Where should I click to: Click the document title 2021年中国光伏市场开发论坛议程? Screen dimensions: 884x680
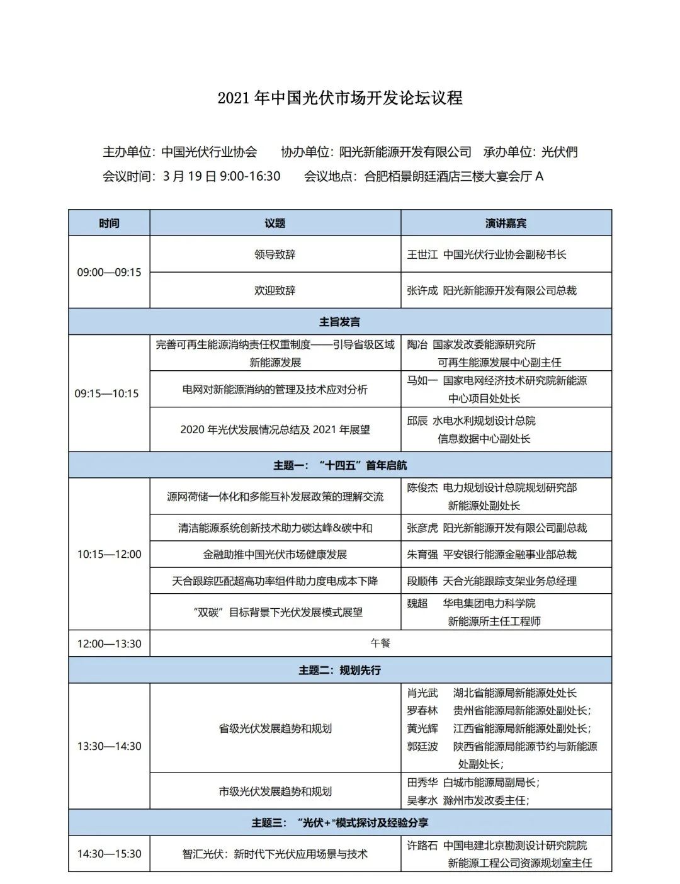(x=340, y=98)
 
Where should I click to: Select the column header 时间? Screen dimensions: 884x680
(x=109, y=223)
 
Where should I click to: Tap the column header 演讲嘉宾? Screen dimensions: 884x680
(x=506, y=223)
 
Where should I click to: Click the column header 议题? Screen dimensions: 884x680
(x=275, y=223)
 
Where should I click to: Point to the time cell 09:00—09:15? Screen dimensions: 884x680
(x=109, y=273)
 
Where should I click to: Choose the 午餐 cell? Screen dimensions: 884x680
(x=380, y=643)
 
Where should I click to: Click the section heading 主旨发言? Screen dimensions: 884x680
(x=340, y=322)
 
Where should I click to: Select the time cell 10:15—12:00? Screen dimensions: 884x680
(x=109, y=555)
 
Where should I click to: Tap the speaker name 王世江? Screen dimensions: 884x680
(x=422, y=254)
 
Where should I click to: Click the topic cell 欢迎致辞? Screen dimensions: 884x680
(x=275, y=290)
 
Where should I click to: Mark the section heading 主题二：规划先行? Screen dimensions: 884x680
(x=340, y=670)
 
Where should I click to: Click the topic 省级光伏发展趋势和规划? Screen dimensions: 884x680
(x=275, y=728)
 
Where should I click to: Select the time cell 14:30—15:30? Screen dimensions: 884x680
(x=109, y=854)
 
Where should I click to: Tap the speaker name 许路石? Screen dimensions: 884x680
(x=422, y=846)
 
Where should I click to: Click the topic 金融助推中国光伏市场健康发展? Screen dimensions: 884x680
(x=275, y=555)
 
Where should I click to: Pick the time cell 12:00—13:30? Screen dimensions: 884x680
(x=109, y=643)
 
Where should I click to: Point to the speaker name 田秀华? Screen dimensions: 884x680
(x=422, y=783)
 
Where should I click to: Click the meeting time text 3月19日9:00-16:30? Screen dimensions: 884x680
(x=221, y=176)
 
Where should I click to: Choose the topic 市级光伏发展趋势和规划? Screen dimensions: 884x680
(x=275, y=791)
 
